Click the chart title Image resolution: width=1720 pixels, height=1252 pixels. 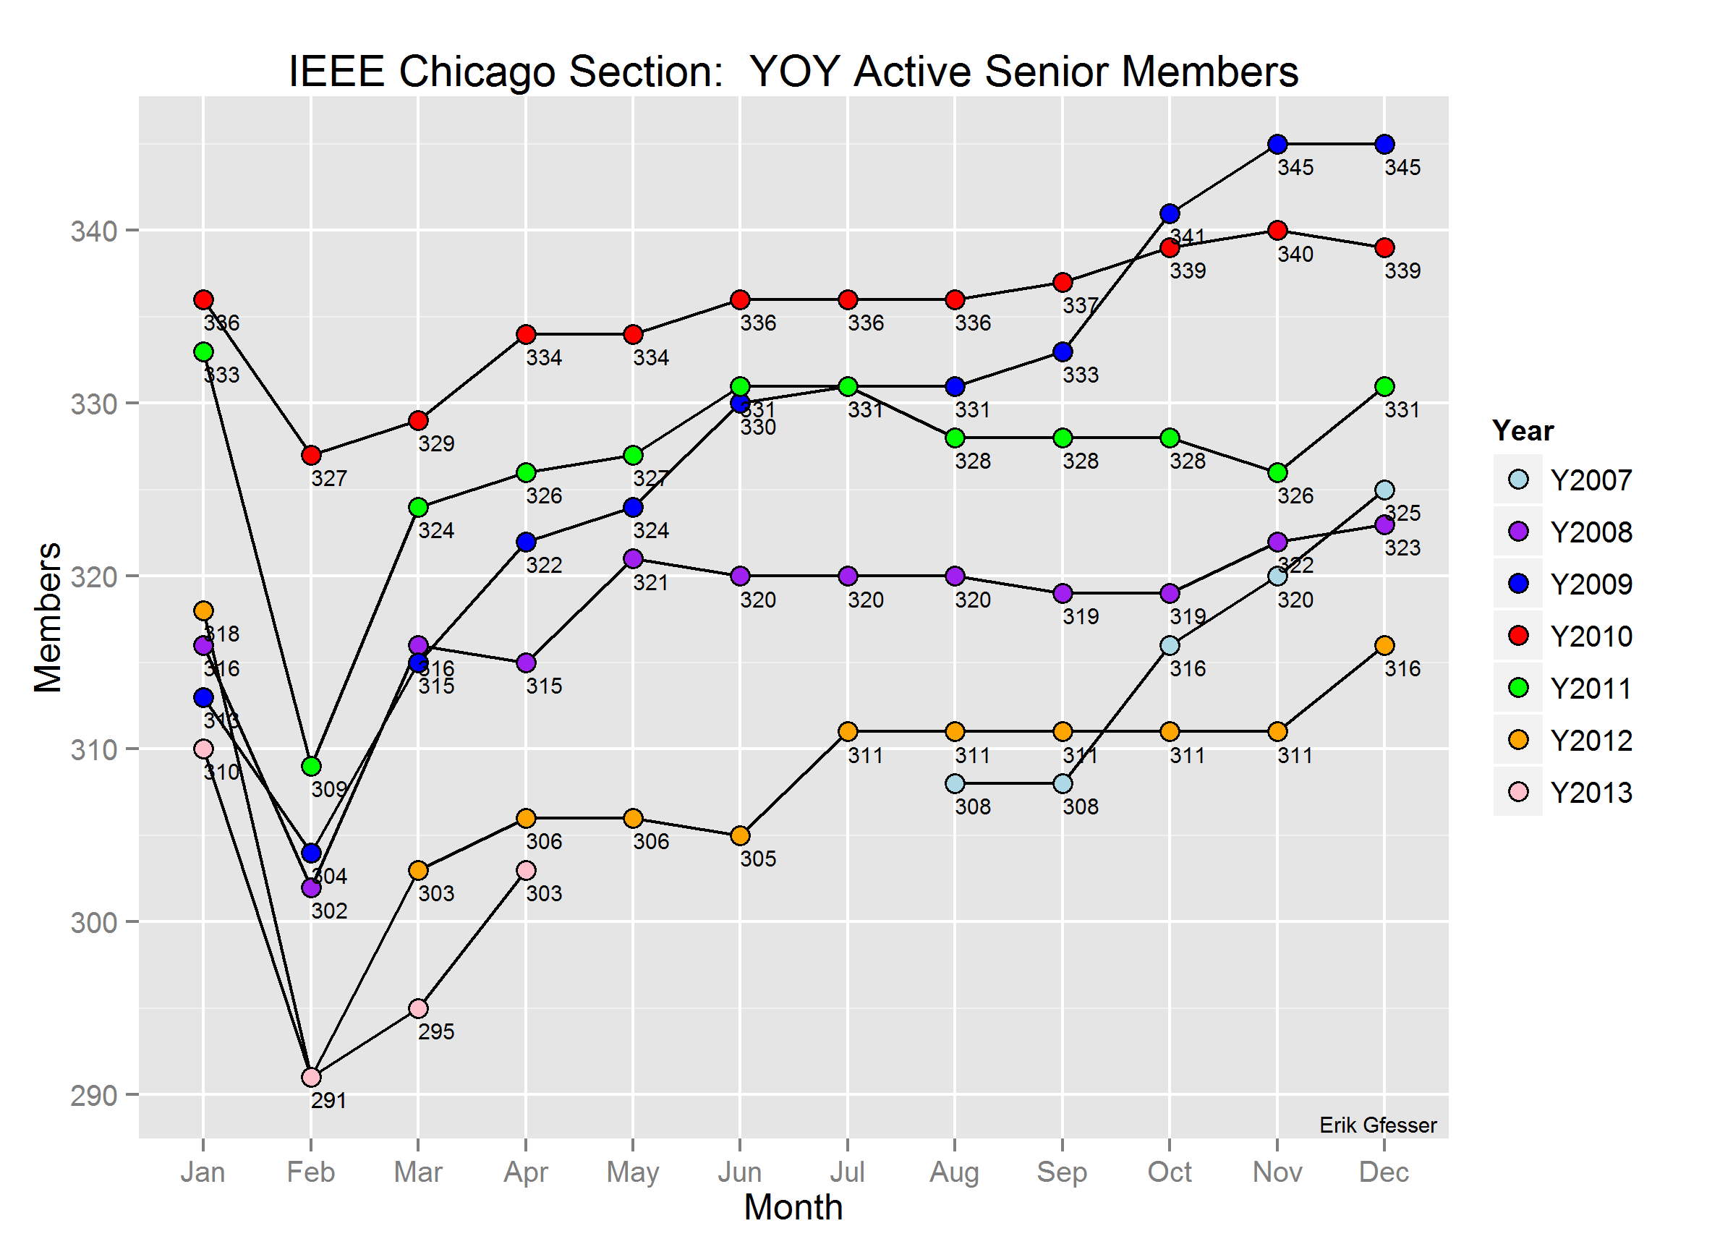[793, 72]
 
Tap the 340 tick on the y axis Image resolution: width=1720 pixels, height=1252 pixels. [94, 231]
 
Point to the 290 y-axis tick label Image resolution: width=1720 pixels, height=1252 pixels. [94, 1096]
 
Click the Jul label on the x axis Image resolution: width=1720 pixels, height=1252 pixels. [847, 1172]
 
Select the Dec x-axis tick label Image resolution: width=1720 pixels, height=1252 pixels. [1384, 1172]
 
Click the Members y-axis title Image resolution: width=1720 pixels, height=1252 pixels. [48, 617]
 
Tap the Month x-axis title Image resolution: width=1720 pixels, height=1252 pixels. [793, 1208]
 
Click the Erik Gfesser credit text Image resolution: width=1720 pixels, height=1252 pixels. [1377, 1125]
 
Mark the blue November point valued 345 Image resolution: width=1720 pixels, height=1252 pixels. [1277, 144]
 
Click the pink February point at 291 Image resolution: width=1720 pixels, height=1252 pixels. [311, 1078]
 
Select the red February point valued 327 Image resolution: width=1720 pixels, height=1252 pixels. [311, 456]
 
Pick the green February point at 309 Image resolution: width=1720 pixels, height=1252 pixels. [311, 767]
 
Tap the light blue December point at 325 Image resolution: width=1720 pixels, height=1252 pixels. [1385, 490]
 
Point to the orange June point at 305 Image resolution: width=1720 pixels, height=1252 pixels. [740, 835]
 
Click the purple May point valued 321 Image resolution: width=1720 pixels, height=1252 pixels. [633, 559]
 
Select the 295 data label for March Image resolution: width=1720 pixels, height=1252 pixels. [436, 1032]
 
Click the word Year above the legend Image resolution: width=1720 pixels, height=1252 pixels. [1523, 431]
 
